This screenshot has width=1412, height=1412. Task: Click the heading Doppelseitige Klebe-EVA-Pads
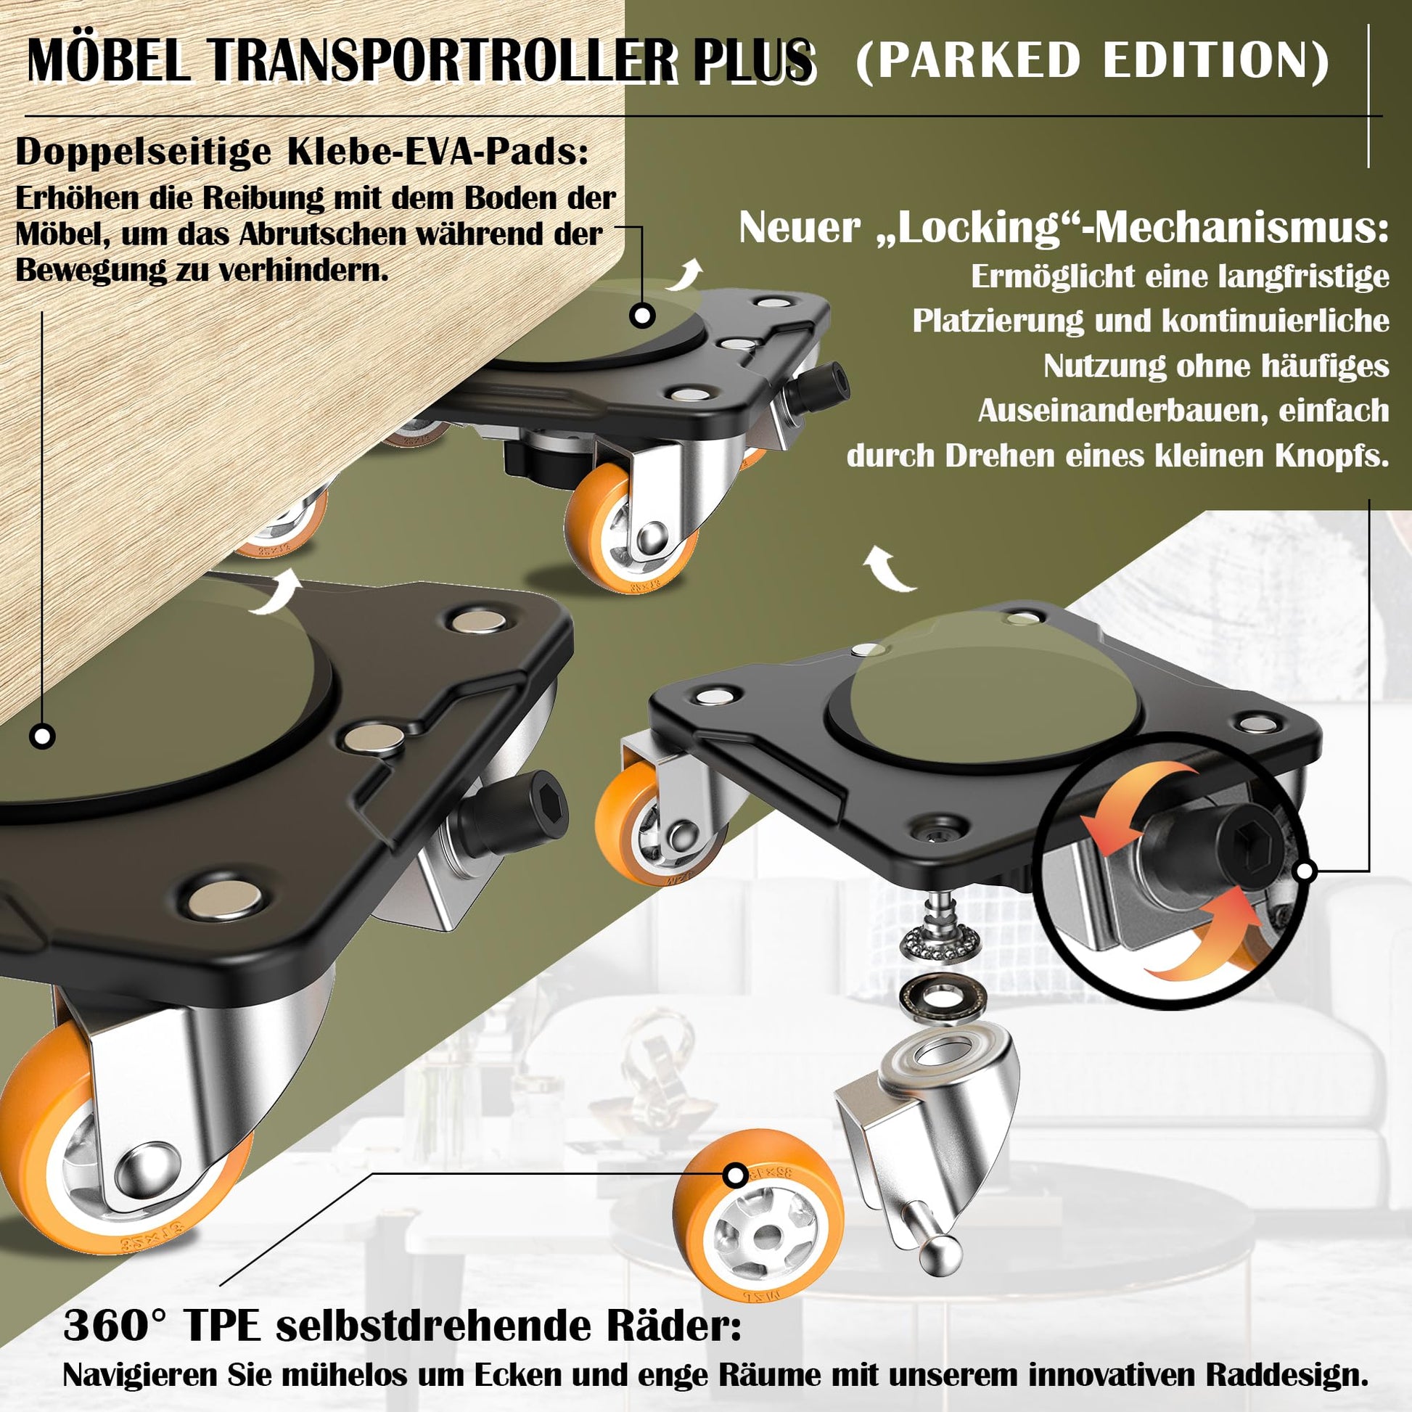[302, 152]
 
